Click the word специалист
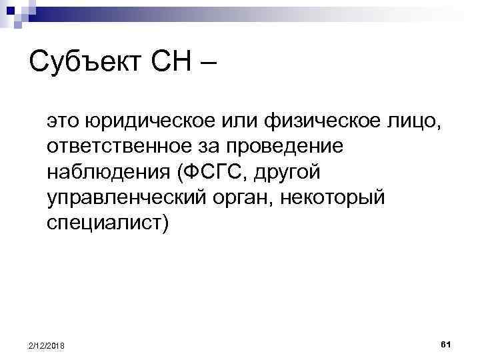coord(107,223)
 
